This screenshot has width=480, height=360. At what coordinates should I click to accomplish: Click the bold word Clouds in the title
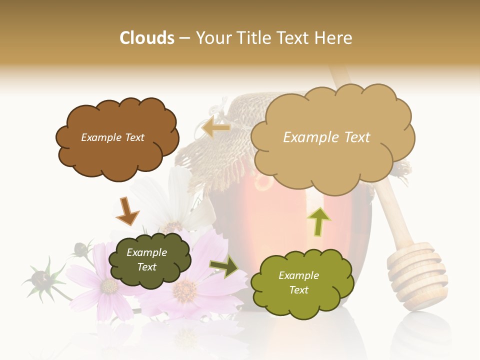(x=147, y=38)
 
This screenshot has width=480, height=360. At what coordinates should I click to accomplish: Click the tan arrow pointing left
(x=216, y=128)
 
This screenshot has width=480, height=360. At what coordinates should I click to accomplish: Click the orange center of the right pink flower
(x=185, y=289)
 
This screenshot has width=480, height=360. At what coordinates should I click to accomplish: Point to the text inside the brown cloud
(x=112, y=137)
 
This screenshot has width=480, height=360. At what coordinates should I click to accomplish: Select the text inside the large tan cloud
(x=326, y=137)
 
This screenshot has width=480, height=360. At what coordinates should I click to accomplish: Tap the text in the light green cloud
(x=298, y=282)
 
